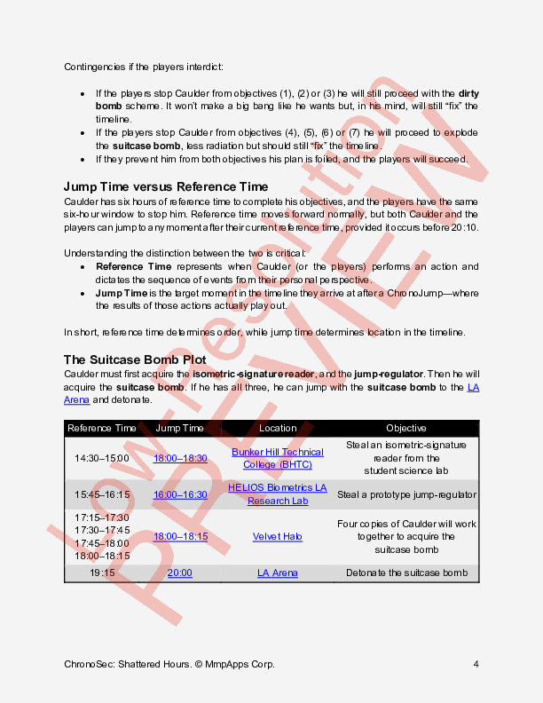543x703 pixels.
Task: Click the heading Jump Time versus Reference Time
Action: pos(165,186)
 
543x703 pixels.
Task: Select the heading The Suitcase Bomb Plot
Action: pos(135,359)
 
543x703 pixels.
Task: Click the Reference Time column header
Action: pos(102,428)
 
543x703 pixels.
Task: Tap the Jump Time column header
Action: pos(180,428)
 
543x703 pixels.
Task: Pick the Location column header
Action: pos(278,428)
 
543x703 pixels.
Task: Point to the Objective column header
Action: pos(406,428)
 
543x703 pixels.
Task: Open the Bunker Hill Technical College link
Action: pos(278,458)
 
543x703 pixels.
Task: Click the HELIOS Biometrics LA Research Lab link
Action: pos(278,494)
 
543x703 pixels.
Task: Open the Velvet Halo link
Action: pos(278,536)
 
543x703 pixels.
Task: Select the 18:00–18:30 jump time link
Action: pos(180,458)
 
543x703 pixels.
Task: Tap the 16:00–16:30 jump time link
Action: pos(180,494)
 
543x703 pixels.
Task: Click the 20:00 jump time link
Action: pos(180,573)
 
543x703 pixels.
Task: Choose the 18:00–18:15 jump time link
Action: pos(180,536)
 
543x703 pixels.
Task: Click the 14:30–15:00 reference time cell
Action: pos(102,458)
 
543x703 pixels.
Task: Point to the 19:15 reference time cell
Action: pos(102,573)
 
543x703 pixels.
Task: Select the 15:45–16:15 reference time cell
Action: pos(102,494)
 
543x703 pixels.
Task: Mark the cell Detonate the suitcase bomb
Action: pos(406,573)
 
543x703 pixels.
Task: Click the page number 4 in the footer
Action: pos(476,664)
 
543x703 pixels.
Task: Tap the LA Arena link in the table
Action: pos(278,573)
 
